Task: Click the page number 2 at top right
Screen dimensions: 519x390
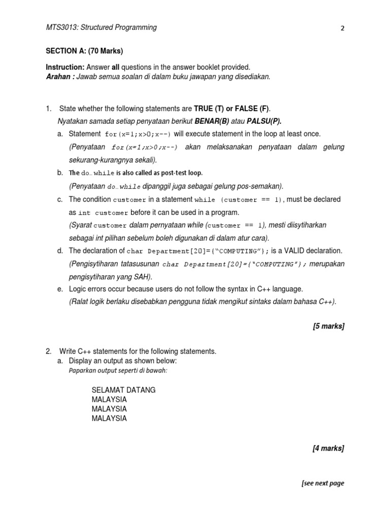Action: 343,28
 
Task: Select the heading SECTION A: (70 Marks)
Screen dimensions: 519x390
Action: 84,51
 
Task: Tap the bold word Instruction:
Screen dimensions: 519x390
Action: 65,67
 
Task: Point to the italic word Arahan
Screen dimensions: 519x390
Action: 59,77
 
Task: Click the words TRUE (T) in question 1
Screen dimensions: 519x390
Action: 209,109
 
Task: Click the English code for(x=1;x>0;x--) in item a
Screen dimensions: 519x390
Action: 138,134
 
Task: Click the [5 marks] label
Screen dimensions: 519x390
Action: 329,326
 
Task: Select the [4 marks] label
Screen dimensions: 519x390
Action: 329,448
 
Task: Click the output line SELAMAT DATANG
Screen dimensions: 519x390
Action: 123,390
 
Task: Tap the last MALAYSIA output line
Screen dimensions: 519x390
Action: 109,419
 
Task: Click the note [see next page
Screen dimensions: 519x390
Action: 322,483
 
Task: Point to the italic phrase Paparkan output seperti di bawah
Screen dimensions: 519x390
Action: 118,370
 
